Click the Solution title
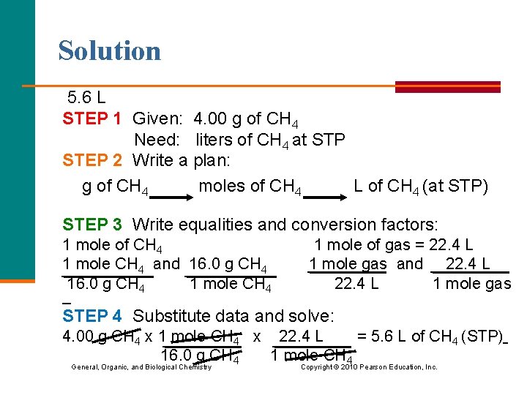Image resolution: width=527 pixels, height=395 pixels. pos(110,51)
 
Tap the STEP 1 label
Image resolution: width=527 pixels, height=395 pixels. pos(92,119)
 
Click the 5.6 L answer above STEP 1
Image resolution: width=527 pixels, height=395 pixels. pos(86,97)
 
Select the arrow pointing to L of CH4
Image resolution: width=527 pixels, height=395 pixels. pos(327,195)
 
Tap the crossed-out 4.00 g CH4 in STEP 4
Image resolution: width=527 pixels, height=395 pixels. pos(102,337)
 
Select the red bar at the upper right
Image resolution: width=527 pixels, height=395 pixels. pos(447,86)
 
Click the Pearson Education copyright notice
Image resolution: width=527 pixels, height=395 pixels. pos(369,366)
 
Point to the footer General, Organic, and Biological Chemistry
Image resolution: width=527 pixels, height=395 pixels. pos(141,366)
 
